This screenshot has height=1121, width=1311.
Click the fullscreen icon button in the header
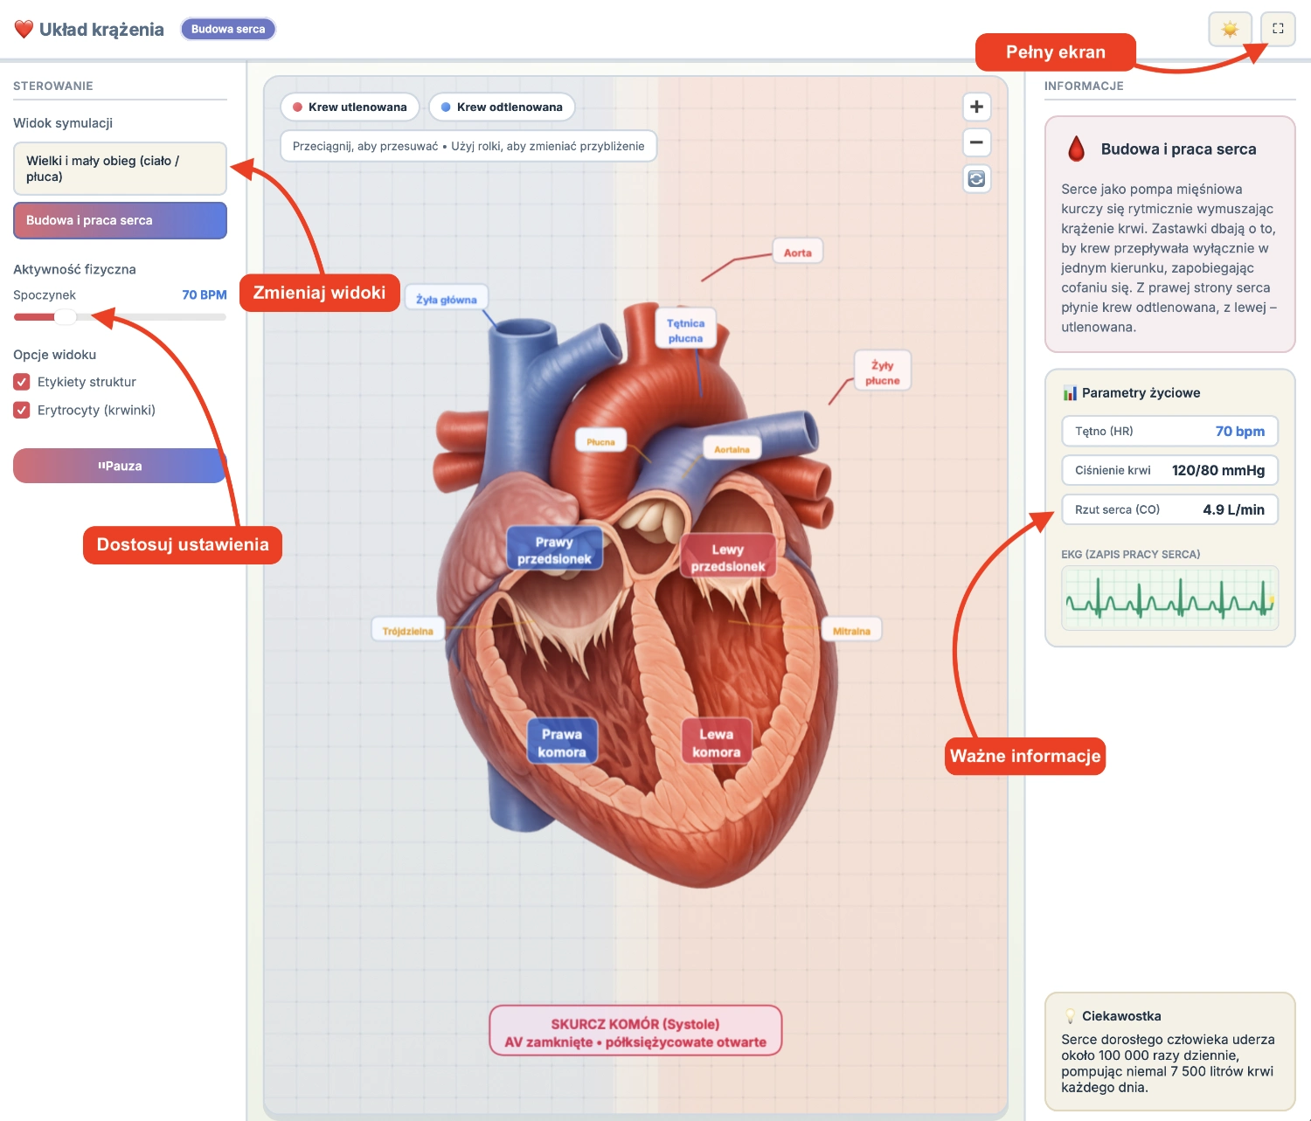pyautogui.click(x=1278, y=29)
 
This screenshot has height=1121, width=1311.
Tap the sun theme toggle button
pyautogui.click(x=1230, y=29)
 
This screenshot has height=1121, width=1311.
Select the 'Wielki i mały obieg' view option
pyautogui.click(x=120, y=169)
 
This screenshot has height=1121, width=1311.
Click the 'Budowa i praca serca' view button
pyautogui.click(x=120, y=220)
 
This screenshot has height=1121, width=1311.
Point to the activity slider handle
pyautogui.click(x=66, y=317)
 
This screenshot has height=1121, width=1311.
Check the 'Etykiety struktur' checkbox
pyautogui.click(x=22, y=382)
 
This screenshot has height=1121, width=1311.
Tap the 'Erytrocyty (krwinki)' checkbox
pyautogui.click(x=22, y=410)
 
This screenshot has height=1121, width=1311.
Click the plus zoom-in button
pyautogui.click(x=976, y=107)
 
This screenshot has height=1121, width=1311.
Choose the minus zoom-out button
pyautogui.click(x=976, y=142)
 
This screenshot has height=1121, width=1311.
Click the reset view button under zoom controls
pyautogui.click(x=976, y=178)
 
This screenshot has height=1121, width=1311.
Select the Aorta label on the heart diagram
pyautogui.click(x=797, y=253)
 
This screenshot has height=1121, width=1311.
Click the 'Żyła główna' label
pyautogui.click(x=446, y=300)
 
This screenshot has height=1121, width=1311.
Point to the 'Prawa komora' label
pyautogui.click(x=562, y=743)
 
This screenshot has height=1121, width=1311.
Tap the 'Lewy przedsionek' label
pyautogui.click(x=727, y=557)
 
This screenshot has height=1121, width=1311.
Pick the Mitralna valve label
pyautogui.click(x=851, y=631)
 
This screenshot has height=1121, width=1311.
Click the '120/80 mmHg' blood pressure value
pyautogui.click(x=1217, y=470)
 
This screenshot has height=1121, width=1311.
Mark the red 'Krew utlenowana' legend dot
pyautogui.click(x=298, y=107)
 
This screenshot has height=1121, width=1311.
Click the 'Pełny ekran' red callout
pyautogui.click(x=1055, y=52)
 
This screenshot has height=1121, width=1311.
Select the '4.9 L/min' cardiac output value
pyautogui.click(x=1233, y=509)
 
